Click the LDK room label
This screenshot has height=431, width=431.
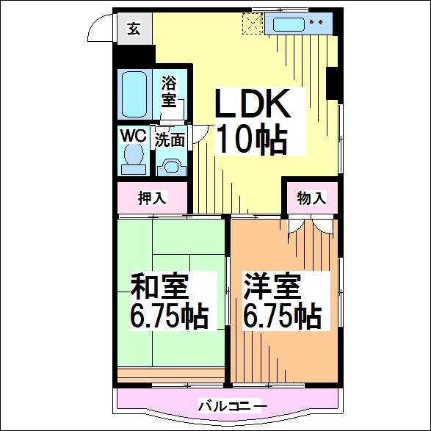253,104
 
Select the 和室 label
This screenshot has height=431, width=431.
159,286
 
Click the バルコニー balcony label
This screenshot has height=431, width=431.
233,406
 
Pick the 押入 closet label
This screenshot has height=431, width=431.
152,198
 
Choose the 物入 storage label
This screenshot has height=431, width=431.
311,198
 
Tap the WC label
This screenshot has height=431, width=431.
133,136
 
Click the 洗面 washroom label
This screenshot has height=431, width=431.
170,140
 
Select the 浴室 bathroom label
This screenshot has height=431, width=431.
169,91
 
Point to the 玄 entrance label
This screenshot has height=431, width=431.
134,29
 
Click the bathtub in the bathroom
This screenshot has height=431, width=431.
134,94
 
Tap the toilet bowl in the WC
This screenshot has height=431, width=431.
134,154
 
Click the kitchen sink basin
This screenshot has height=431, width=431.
289,24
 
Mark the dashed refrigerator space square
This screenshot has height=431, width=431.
253,24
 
